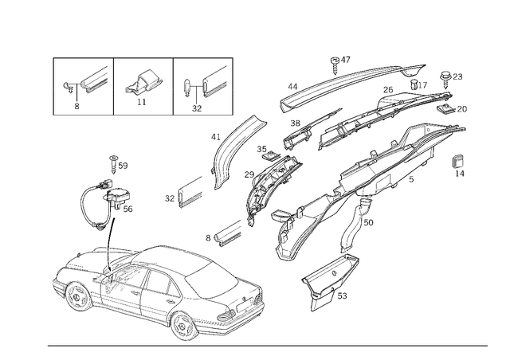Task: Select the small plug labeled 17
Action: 414,84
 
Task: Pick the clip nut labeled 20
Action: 445,108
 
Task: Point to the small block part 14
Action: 457,162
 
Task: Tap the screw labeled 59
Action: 113,164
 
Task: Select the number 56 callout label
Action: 127,209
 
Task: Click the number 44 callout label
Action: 292,87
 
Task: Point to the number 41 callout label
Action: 216,137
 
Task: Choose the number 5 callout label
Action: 411,179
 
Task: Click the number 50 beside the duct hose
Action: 368,223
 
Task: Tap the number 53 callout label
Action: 342,296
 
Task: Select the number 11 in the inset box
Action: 141,102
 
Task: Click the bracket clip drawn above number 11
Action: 144,84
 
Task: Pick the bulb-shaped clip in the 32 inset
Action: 188,88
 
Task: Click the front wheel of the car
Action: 78,296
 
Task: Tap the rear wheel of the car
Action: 182,326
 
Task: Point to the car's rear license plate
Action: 243,305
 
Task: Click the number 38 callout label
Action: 296,123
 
